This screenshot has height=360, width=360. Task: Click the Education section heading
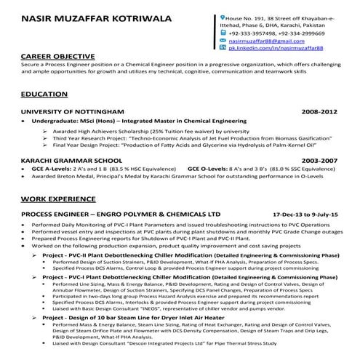pos(44,95)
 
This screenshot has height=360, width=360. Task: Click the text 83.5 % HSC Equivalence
pos(130,168)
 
